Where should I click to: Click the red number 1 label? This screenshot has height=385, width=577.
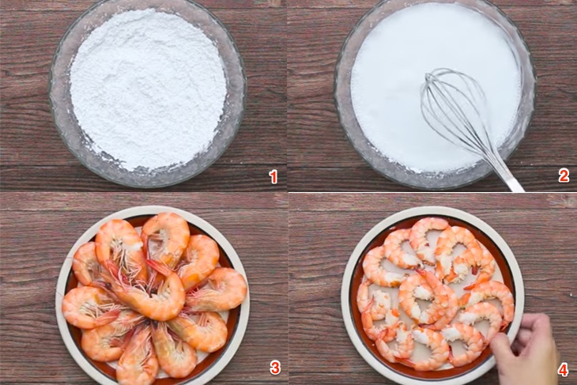tap(273, 177)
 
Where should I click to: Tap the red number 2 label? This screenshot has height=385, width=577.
tap(564, 176)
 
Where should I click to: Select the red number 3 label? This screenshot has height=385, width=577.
tap(275, 368)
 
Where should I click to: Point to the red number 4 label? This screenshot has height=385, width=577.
tap(563, 370)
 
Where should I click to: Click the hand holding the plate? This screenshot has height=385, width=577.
tap(526, 349)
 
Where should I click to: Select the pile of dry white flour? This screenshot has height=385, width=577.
tap(148, 89)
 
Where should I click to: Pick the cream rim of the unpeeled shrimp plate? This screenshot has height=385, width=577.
tap(61, 294)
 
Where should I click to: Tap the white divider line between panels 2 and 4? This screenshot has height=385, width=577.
tap(433, 192)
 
